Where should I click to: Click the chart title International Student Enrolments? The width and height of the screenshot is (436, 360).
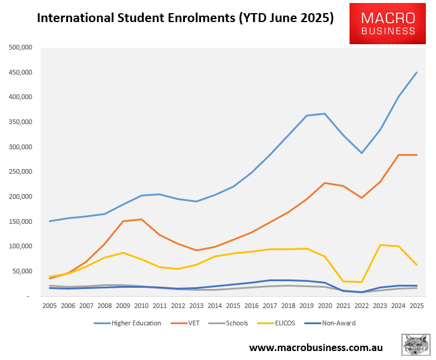(x=185, y=18)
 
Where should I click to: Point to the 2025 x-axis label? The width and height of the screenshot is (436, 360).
(x=416, y=304)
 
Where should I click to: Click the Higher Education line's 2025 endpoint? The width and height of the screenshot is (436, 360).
(x=416, y=72)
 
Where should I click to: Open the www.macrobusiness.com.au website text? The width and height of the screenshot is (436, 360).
(x=316, y=347)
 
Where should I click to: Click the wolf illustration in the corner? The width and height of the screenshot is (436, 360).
(x=416, y=345)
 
